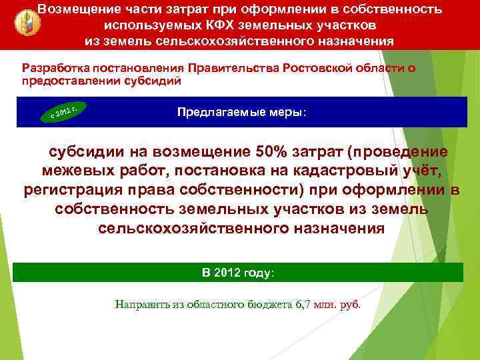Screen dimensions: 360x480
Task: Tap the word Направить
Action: tap(143, 305)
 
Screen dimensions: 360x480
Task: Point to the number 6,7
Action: tap(303, 305)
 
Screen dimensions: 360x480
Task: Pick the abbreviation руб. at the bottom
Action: tap(351, 305)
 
